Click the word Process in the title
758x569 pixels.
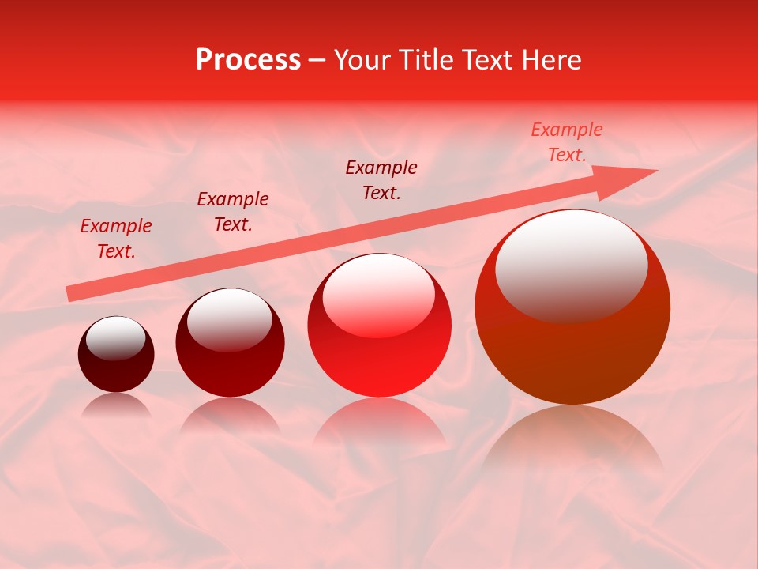pyautogui.click(x=248, y=60)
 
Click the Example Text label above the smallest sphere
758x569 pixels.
pyautogui.click(x=116, y=239)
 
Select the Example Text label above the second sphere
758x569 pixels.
pyautogui.click(x=233, y=212)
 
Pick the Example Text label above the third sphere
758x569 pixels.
pyautogui.click(x=381, y=180)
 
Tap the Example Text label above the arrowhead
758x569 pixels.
pyautogui.click(x=567, y=142)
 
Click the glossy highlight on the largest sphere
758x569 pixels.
pyautogui.click(x=572, y=265)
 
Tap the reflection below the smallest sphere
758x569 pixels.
pyautogui.click(x=117, y=406)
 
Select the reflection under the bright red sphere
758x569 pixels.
pyautogui.click(x=380, y=423)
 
